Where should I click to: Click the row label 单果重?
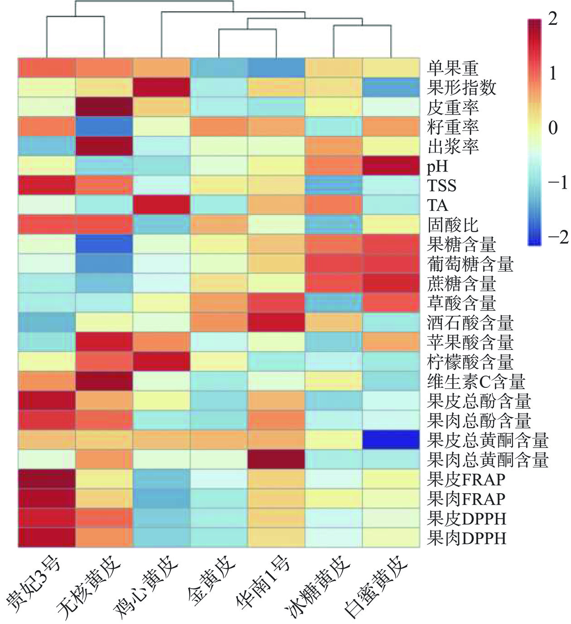coord(453,68)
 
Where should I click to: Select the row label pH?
coord(437,166)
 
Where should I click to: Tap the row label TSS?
coord(441,186)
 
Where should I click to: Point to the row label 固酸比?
coord(453,225)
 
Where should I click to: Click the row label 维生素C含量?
coord(476,381)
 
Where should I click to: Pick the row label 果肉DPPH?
coord(466,538)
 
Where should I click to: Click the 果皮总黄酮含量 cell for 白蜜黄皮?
coord(391,440)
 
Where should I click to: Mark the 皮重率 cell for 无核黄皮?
coord(104,107)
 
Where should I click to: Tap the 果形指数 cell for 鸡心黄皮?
coord(162,87)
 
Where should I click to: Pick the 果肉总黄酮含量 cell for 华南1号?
coord(276,459)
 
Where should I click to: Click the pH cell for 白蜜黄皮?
coord(391,166)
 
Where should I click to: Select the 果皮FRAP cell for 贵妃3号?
coord(47,479)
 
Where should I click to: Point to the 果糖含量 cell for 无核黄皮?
coord(104,244)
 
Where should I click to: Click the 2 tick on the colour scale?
coord(552,19)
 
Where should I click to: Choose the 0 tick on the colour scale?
coord(552,128)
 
